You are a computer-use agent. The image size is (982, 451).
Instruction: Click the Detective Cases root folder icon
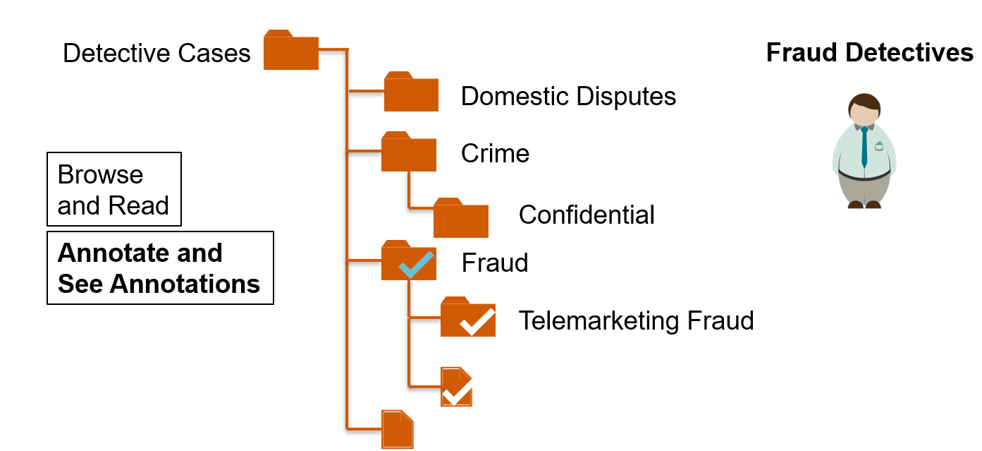coord(290,52)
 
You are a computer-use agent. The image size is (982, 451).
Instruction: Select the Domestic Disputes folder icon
coord(411,93)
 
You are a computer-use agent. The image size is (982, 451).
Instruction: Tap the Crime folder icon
coord(408,153)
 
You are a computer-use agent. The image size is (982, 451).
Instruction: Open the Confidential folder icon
coord(460,219)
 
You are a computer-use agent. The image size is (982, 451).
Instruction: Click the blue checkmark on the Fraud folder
coord(416,265)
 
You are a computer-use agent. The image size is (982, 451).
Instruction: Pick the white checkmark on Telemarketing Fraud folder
coord(477,322)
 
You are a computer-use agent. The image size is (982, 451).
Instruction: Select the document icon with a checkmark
coord(456,387)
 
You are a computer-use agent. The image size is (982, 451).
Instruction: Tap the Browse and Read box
coord(113,189)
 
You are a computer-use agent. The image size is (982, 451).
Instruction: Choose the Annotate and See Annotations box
coord(160,268)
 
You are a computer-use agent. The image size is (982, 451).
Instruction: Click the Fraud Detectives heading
coord(869,53)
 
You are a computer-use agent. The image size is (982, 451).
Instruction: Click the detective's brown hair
coord(864,102)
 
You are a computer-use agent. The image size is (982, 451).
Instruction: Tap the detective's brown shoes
coord(864,205)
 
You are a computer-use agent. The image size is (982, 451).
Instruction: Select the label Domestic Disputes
coord(568,96)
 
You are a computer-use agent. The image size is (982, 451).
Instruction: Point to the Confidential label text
coord(587,215)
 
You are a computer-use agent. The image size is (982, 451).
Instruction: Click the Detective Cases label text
coord(156,54)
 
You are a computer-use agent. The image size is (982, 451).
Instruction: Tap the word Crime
coord(495,153)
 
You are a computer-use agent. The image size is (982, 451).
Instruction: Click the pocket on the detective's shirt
coord(878,148)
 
